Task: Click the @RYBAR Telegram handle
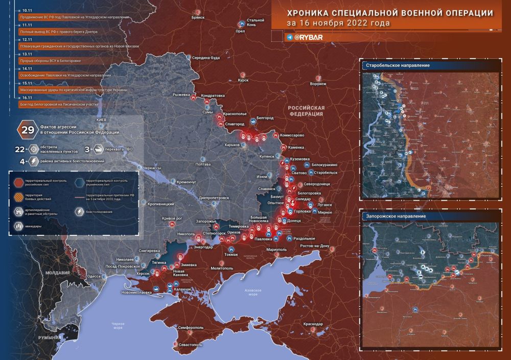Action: pos(308,37)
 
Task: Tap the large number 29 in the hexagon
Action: pos(26,130)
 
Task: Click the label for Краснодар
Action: pos(312,324)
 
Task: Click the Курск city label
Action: pos(243,80)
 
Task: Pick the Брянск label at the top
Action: pos(197,17)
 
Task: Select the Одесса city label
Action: pos(94,276)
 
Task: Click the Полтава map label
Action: pos(203,164)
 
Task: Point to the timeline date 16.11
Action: pos(27,98)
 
